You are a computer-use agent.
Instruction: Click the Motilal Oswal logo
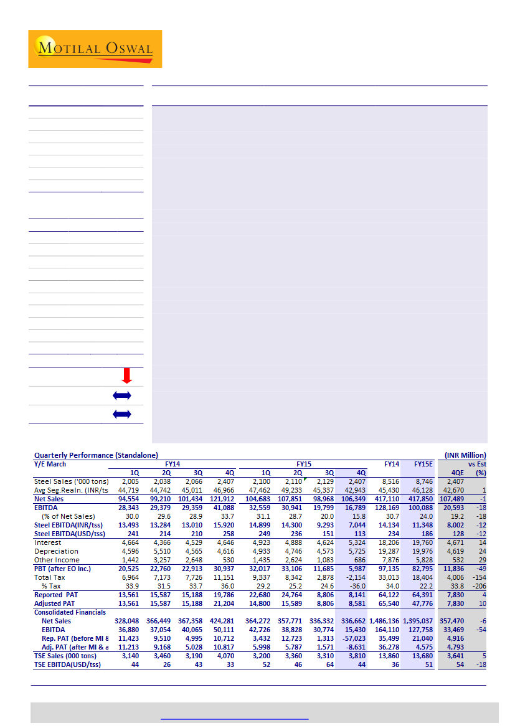pyautogui.click(x=95, y=49)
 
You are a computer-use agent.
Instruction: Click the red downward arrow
pyautogui.click(x=127, y=376)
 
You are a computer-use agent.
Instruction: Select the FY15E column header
pyautogui.click(x=422, y=464)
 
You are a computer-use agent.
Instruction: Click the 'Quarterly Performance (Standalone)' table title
pyautogui.click(x=96, y=455)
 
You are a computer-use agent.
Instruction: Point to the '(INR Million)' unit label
pyautogui.click(x=465, y=455)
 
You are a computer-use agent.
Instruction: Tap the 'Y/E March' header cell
pyautogui.click(x=50, y=464)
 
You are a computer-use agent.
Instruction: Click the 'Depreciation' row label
pyautogui.click(x=57, y=551)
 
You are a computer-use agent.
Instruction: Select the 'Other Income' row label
pyautogui.click(x=57, y=560)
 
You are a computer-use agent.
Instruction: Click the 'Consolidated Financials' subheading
pyautogui.click(x=71, y=612)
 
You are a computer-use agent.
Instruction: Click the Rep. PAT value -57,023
pyautogui.click(x=352, y=638)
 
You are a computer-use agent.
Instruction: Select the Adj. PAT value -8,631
pyautogui.click(x=354, y=647)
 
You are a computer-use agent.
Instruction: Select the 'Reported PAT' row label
pyautogui.click(x=57, y=595)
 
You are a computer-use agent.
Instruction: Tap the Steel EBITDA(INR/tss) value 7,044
pyautogui.click(x=355, y=525)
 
